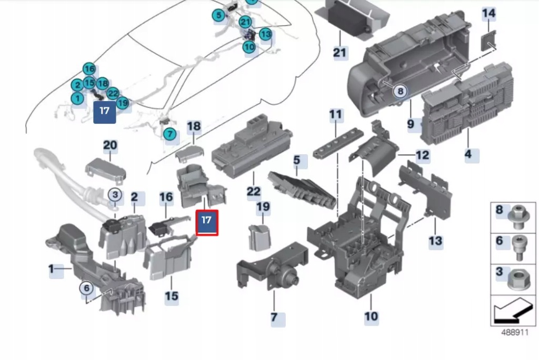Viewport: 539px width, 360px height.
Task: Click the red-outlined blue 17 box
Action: pyautogui.click(x=207, y=222)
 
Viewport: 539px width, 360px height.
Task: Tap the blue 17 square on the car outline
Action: pyautogui.click(x=104, y=112)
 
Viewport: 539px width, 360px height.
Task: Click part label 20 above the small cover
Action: pyautogui.click(x=110, y=146)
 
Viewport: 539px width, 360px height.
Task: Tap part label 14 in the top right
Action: pyautogui.click(x=489, y=13)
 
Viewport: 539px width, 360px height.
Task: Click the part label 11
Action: pyautogui.click(x=335, y=114)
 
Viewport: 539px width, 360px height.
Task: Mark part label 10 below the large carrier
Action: pyautogui.click(x=371, y=316)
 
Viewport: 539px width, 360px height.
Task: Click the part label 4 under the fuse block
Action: pyautogui.click(x=468, y=155)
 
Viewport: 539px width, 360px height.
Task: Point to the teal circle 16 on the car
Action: pyautogui.click(x=89, y=69)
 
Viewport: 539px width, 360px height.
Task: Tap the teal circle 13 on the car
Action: pyautogui.click(x=265, y=35)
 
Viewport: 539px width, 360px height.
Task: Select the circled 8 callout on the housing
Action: pyautogui.click(x=400, y=92)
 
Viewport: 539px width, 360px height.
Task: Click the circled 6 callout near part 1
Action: pyautogui.click(x=86, y=288)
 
